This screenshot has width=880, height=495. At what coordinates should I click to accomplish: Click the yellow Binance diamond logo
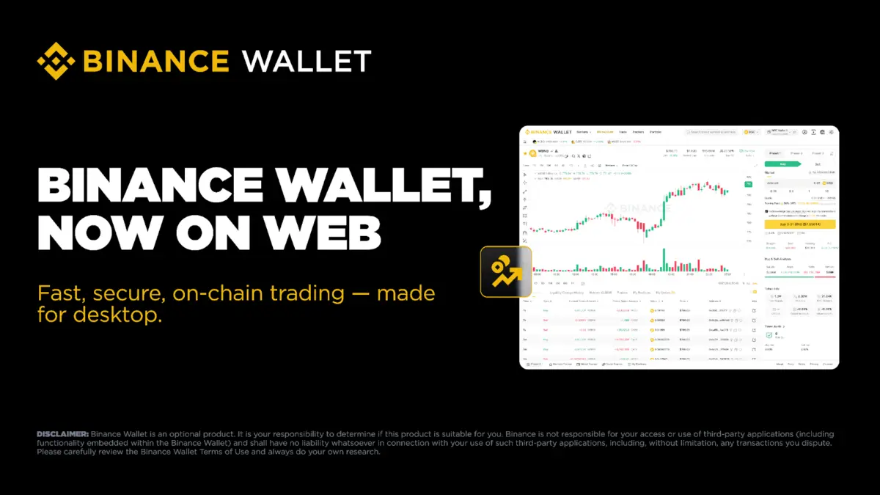(x=57, y=61)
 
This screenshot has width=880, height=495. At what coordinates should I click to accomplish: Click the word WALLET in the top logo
(x=307, y=61)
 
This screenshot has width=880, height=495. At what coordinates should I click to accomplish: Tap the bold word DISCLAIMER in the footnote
(x=62, y=435)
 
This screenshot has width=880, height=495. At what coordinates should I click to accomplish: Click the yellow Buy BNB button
(x=799, y=223)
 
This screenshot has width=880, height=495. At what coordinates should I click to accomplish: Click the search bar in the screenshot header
(x=711, y=132)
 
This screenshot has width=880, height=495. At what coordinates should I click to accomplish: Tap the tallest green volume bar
(x=664, y=261)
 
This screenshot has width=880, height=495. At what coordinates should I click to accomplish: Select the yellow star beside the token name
(x=525, y=153)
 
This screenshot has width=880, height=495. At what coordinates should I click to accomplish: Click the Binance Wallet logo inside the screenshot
(x=548, y=132)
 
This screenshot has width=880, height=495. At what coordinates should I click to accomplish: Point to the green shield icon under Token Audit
(x=769, y=335)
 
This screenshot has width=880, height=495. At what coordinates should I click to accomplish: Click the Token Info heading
(x=771, y=289)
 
